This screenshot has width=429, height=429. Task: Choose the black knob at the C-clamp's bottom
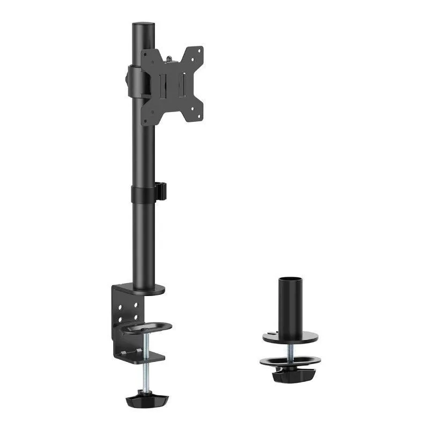tap(146, 400)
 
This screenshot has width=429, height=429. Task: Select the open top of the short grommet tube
tap(290, 279)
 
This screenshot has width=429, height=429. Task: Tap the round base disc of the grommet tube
tap(290, 338)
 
